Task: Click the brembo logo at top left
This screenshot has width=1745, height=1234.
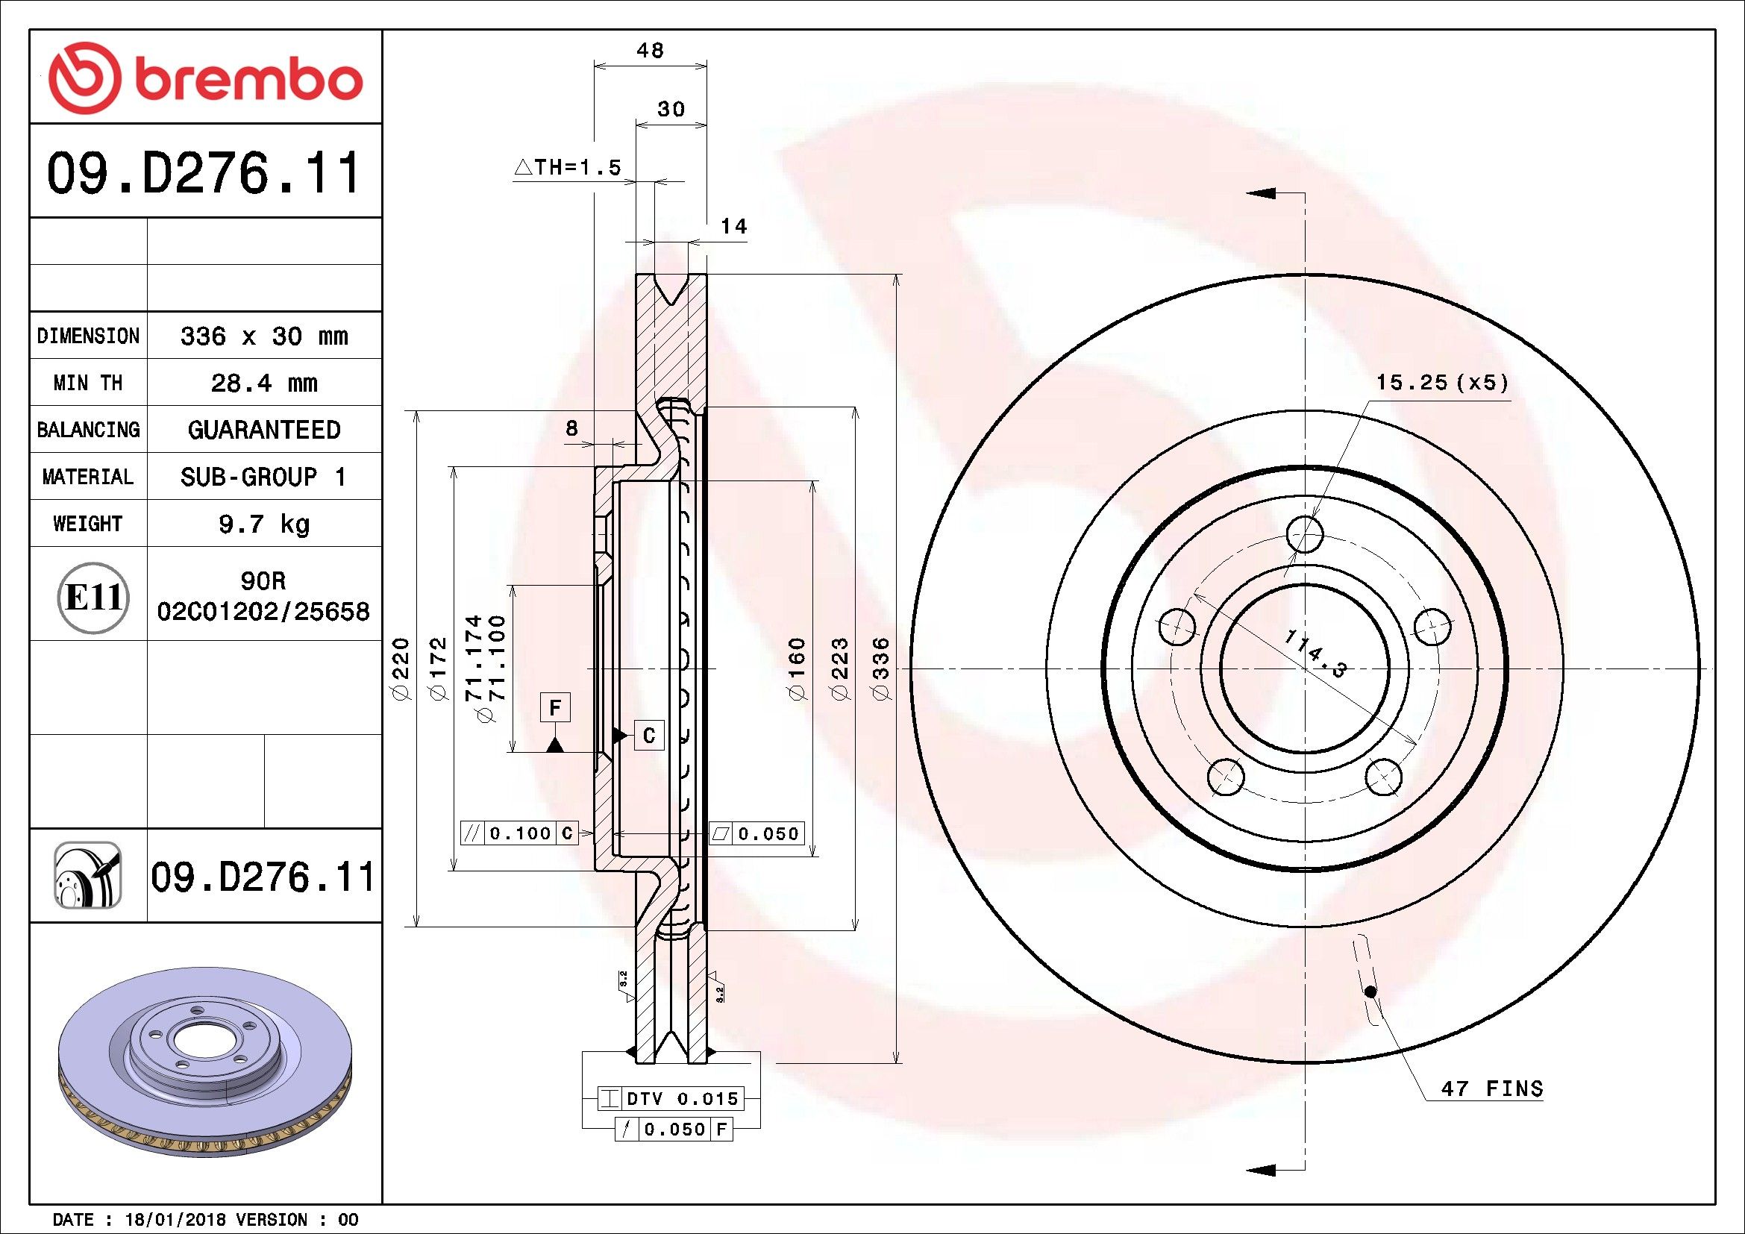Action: coord(204,78)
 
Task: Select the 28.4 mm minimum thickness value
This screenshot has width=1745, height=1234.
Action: coord(263,383)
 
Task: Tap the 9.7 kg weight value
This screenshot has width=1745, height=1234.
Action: coord(263,524)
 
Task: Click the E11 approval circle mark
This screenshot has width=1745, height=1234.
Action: coord(93,598)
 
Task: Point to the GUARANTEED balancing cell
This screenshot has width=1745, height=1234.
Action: coord(263,430)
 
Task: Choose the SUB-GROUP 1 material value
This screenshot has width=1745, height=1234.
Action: coord(263,477)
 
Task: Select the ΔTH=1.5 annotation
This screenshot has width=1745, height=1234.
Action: coord(568,167)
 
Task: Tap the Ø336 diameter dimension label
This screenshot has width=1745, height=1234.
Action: coord(881,668)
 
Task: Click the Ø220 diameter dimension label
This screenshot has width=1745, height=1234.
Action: coord(401,668)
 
